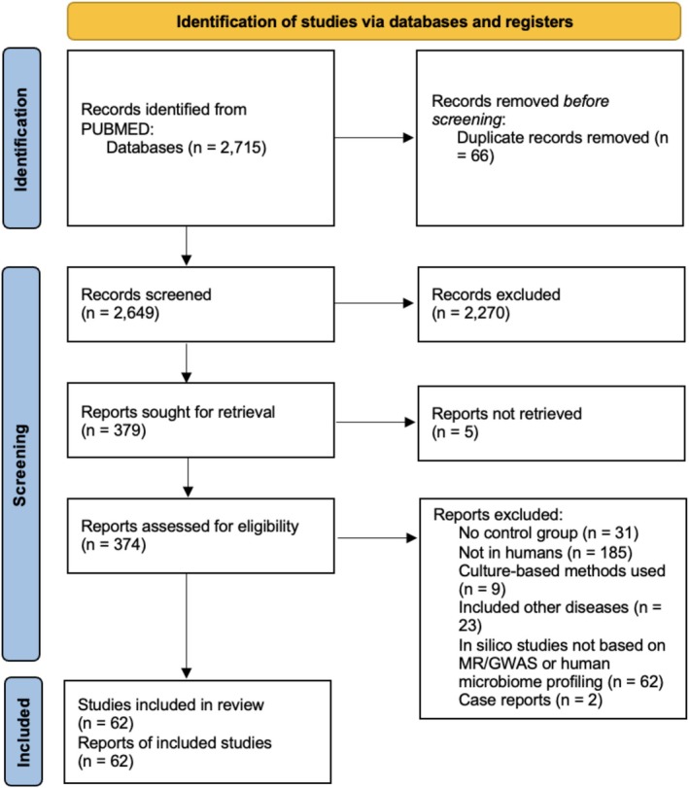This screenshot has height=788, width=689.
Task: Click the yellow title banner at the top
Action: (x=374, y=21)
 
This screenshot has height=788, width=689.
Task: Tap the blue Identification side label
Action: (x=21, y=139)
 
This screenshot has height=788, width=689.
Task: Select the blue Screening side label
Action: (x=21, y=463)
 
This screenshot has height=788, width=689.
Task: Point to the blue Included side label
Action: (x=22, y=732)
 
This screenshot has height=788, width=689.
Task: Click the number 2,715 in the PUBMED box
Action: (x=241, y=148)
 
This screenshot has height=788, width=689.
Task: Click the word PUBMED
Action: (x=116, y=128)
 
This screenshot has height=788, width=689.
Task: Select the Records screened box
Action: (x=200, y=304)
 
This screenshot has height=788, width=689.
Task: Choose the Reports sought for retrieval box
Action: (x=200, y=420)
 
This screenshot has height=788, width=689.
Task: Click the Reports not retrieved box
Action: (x=551, y=423)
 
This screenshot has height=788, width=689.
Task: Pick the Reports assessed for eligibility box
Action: (x=200, y=535)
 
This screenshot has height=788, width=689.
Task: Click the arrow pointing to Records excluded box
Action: (x=374, y=303)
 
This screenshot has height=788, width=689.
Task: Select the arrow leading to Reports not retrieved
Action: (x=375, y=422)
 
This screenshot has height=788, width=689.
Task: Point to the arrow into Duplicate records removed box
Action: (x=374, y=138)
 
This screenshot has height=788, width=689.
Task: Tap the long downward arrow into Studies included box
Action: (x=187, y=626)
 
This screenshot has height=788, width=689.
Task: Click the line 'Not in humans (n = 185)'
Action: (x=545, y=553)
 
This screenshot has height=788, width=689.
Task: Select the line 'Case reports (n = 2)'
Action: (x=531, y=700)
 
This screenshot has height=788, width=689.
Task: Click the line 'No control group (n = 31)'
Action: (x=548, y=532)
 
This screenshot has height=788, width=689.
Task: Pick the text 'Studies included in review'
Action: (x=171, y=704)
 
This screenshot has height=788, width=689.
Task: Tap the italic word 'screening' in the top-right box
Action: (x=466, y=120)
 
